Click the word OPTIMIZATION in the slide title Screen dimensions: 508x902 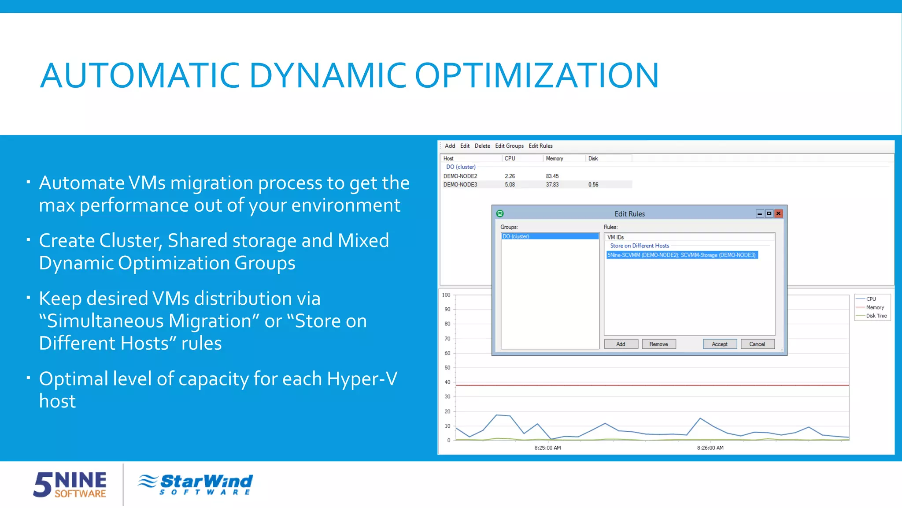[536, 75]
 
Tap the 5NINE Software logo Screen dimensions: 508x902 [70, 484]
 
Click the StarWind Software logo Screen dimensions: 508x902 [195, 484]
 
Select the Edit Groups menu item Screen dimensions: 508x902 [509, 146]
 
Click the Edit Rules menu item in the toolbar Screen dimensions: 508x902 [540, 146]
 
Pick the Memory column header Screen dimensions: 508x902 [554, 158]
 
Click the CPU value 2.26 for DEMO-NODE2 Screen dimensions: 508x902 [510, 176]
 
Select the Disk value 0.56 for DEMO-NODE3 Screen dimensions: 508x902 [593, 184]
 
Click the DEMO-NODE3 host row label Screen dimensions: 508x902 [460, 184]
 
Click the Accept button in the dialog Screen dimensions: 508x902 [719, 344]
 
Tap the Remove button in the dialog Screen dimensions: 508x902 [658, 344]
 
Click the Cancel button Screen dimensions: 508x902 [757, 344]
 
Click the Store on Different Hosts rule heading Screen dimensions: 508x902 [639, 246]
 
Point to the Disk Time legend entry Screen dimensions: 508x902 [876, 316]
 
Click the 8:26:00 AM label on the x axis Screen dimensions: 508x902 [710, 448]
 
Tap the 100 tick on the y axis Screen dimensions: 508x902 [446, 295]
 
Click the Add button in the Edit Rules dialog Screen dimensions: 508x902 [621, 344]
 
